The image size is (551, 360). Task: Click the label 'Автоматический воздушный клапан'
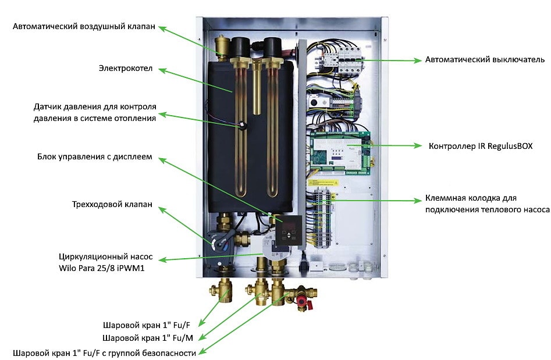(84, 27)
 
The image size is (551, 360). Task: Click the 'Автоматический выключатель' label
(485, 59)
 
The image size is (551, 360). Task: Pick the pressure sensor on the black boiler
(240, 124)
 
